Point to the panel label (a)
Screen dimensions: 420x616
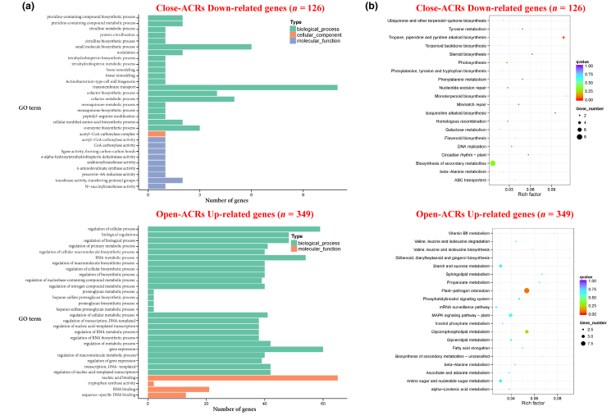click(x=10, y=8)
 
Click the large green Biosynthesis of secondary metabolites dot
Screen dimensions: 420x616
click(x=493, y=164)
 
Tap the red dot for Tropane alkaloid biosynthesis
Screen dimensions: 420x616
click(x=564, y=38)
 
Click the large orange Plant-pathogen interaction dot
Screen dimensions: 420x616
click(x=527, y=290)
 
